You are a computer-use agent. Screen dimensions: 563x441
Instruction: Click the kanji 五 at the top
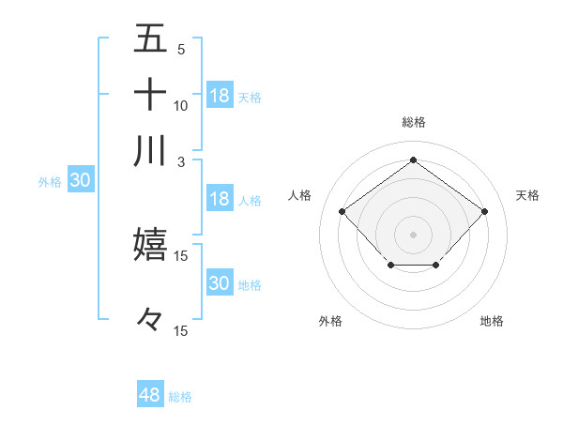(150, 38)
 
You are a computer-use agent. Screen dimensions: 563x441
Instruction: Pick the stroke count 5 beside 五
(181, 49)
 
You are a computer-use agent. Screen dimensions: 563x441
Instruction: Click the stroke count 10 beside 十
(181, 105)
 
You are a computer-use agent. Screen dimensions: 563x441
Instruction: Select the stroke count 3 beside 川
(181, 161)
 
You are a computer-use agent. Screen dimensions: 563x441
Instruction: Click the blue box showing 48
(150, 395)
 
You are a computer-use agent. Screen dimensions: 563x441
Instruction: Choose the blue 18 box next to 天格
(220, 96)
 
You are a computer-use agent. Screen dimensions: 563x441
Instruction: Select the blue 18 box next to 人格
(220, 199)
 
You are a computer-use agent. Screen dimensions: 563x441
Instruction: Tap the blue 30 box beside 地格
(220, 283)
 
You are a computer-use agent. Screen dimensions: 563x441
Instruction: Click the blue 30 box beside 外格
(80, 181)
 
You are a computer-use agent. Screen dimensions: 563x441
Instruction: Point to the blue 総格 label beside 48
(180, 397)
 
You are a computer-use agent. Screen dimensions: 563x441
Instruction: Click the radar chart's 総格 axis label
(413, 122)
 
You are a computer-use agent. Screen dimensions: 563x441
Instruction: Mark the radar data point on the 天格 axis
(484, 211)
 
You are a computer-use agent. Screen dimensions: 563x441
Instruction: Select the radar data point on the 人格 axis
(342, 211)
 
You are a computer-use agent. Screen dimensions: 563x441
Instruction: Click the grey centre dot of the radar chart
(413, 233)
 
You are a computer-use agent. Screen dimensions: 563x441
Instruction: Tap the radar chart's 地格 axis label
(492, 321)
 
